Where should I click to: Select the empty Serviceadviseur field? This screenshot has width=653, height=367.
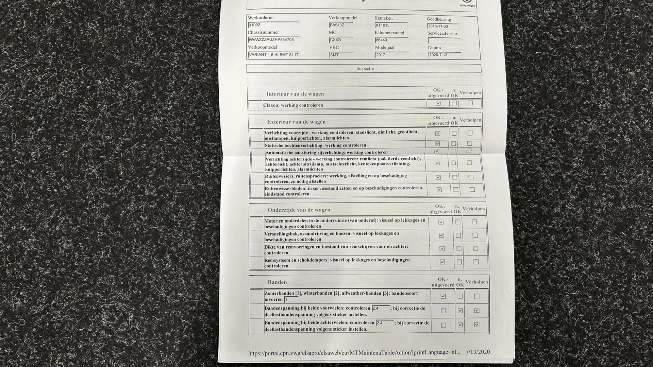coord(444,40)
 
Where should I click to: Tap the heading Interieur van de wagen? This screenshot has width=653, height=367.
coord(295,94)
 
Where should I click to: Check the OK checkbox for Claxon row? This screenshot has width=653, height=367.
coord(438,103)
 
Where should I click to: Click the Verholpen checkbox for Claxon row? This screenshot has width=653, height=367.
coord(470,103)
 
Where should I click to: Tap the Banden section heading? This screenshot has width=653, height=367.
coord(277,282)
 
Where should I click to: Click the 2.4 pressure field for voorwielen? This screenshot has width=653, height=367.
coord(380,309)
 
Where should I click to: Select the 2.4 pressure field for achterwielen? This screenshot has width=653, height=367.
coord(384,323)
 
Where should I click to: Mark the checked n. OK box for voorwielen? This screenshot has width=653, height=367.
coord(460,311)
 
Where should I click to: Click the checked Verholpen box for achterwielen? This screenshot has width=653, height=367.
coord(476,325)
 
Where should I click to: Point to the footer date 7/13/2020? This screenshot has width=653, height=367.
coord(478,352)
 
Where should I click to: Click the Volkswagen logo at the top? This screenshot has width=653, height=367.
coord(467,3)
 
